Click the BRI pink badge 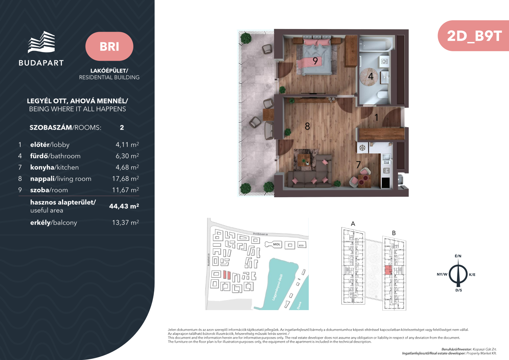pyautogui.click(x=109, y=46)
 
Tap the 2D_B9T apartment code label pyautogui.click(x=474, y=36)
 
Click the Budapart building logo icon pyautogui.click(x=41, y=42)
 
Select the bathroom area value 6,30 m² pyautogui.click(x=127, y=156)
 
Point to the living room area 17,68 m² pyautogui.click(x=126, y=178)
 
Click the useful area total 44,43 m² pyautogui.click(x=124, y=206)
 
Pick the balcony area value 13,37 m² pyautogui.click(x=126, y=222)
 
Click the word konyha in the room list pyautogui.click(x=42, y=168)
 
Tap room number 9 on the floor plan pyautogui.click(x=315, y=61)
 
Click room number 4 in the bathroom pyautogui.click(x=370, y=76)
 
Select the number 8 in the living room pyautogui.click(x=307, y=126)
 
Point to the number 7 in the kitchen pyautogui.click(x=358, y=164)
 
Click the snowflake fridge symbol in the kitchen pyautogui.click(x=362, y=148)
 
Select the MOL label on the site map pyautogui.click(x=276, y=244)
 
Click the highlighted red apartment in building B pyautogui.click(x=388, y=270)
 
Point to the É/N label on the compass pyautogui.click(x=458, y=256)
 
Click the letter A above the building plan pyautogui.click(x=353, y=224)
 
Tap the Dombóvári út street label pyautogui.click(x=260, y=234)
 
